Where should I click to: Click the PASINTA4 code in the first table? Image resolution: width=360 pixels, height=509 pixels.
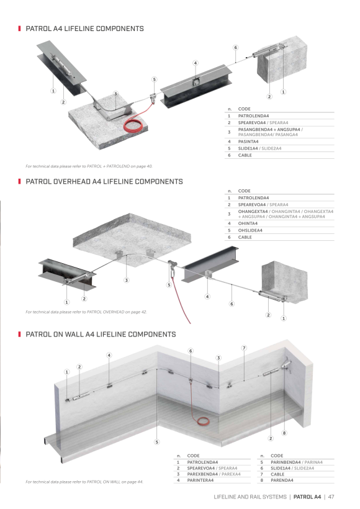(248, 142)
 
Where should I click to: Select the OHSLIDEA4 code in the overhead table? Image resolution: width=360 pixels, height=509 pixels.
(250, 230)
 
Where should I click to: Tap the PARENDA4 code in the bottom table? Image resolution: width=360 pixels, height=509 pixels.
(282, 480)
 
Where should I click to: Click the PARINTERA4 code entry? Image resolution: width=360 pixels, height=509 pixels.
(200, 480)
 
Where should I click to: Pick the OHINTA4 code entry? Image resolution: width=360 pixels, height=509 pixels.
(248, 223)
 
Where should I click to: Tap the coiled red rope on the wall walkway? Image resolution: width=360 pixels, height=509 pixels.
(203, 421)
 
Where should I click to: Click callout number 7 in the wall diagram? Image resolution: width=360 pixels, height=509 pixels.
(244, 348)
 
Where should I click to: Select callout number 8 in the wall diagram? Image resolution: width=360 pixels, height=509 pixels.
(284, 433)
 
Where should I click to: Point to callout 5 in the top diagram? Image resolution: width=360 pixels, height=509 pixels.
(154, 79)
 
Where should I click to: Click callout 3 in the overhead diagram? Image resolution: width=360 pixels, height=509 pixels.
(127, 280)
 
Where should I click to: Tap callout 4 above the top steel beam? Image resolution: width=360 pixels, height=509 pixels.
(196, 63)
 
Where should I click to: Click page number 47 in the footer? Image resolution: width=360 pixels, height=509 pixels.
(331, 497)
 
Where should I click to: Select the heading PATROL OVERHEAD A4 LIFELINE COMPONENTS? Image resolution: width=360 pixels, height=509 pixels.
(104, 181)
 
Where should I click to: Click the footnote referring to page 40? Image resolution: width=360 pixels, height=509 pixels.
(89, 166)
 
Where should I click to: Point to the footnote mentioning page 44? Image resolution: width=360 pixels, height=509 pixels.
(84, 482)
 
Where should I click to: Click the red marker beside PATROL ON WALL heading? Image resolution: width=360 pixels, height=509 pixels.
(19, 335)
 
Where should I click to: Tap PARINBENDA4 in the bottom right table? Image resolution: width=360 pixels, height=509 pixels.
(286, 462)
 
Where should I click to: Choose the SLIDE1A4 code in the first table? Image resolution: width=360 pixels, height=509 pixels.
(248, 148)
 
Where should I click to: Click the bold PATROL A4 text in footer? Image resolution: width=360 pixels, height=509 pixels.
(307, 497)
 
